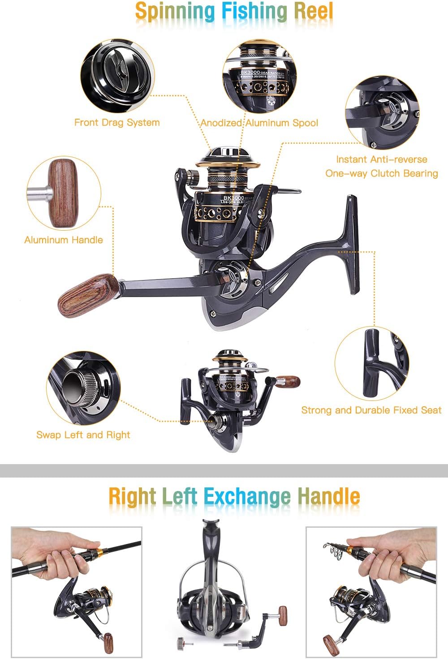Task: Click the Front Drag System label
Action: point(117,123)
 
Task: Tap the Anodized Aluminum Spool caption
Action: point(259,123)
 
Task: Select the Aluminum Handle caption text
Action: point(64,240)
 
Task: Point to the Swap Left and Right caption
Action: point(83,435)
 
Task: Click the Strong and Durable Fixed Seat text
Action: point(371,410)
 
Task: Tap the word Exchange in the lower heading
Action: point(247,496)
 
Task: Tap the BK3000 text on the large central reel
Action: point(233,198)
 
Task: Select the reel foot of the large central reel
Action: point(352,244)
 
